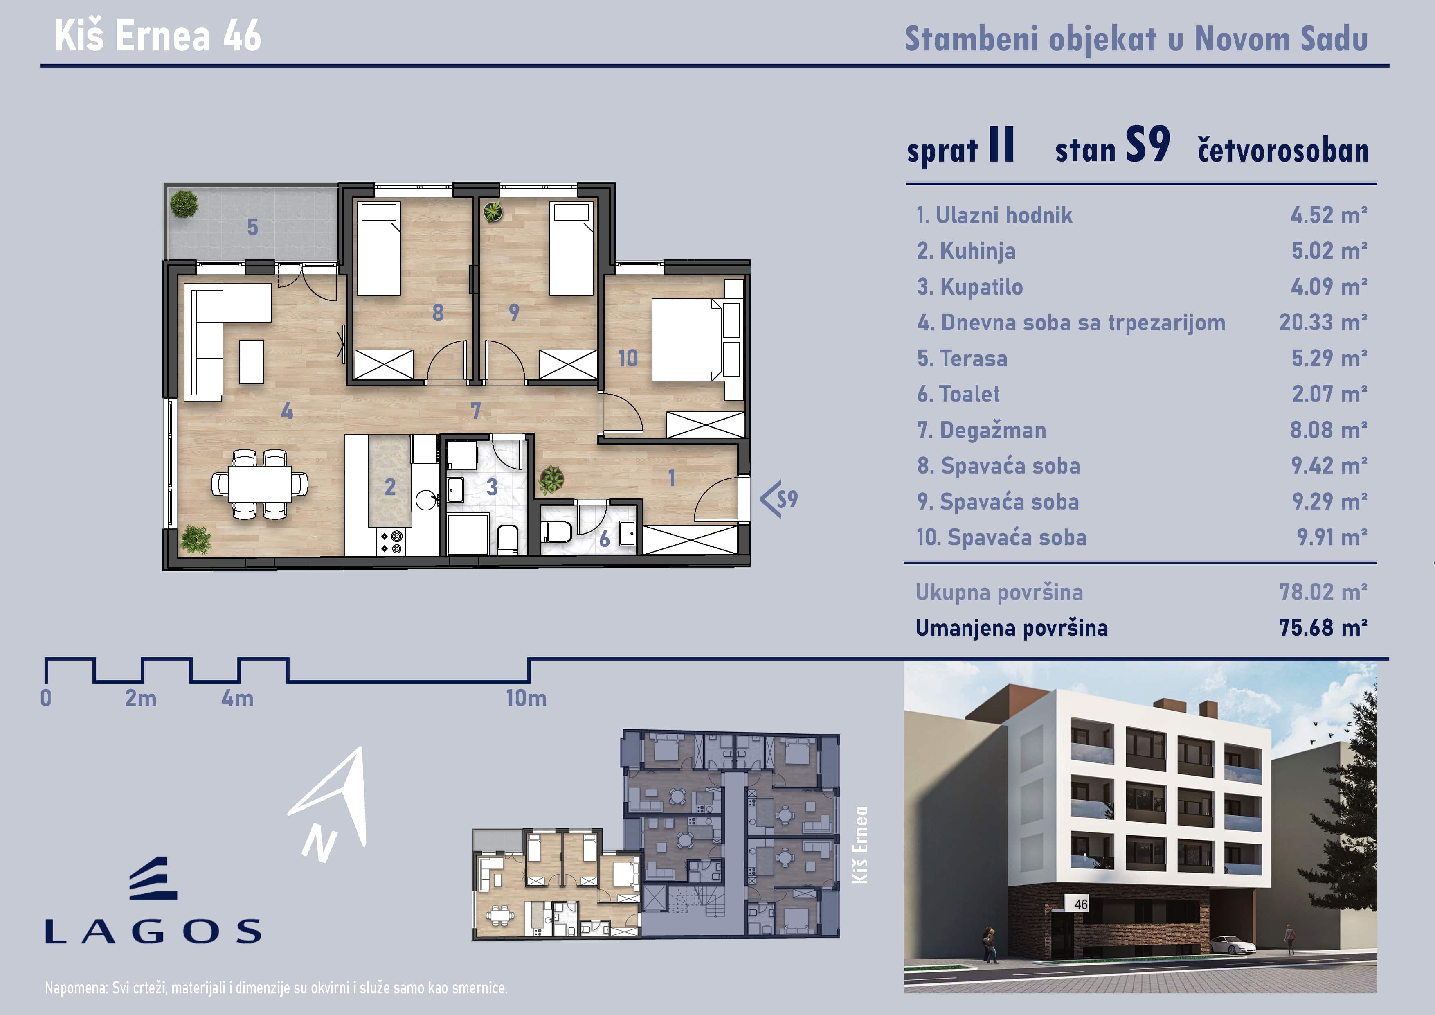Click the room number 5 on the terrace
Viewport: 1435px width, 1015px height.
point(252,227)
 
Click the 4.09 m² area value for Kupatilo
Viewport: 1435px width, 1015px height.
point(1329,287)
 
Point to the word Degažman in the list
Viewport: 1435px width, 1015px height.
point(992,430)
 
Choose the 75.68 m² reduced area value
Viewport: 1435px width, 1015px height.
point(1323,627)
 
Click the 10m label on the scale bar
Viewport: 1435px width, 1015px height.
point(526,698)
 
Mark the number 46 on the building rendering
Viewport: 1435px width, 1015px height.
point(1081,904)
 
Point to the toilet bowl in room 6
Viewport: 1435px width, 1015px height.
point(558,532)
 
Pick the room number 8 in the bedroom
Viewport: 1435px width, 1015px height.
point(438,313)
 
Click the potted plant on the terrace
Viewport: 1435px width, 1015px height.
point(184,204)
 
